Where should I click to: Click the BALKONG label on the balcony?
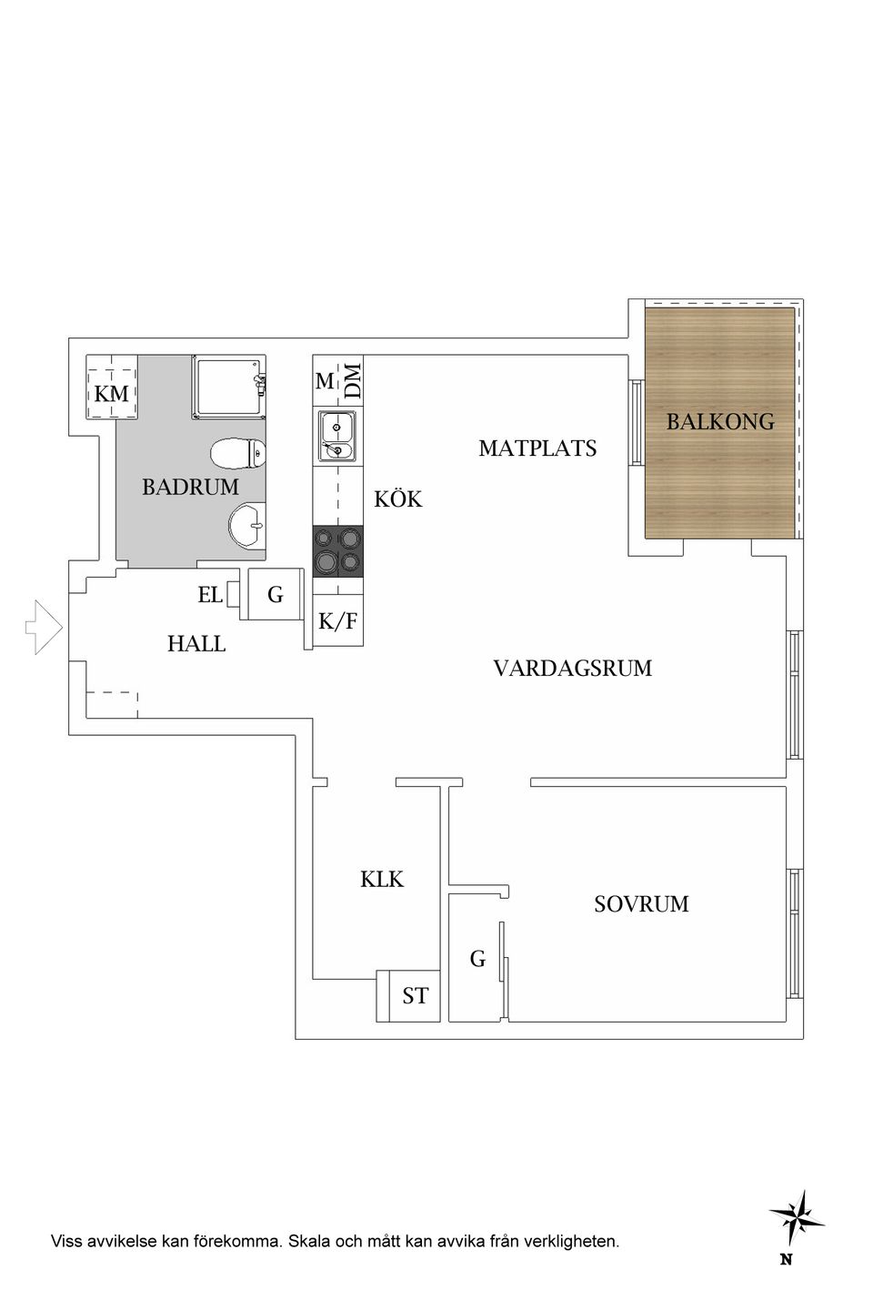coord(720,422)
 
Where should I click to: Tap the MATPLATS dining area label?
coord(537,448)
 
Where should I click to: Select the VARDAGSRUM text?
coord(572,669)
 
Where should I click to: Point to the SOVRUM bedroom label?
coord(641,904)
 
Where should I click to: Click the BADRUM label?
coord(190,488)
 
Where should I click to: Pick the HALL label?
coord(196,644)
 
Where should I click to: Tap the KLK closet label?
coord(382,880)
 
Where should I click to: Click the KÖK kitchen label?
coord(398,499)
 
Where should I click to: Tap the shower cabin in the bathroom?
coord(228,387)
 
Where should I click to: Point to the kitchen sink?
coord(336,438)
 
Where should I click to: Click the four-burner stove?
coord(337,551)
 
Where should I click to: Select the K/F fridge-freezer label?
coord(337,622)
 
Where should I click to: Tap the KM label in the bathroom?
coord(112,394)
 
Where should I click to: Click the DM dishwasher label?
coord(353,379)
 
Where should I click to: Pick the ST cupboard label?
coord(415,996)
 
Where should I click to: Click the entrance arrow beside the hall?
coord(44,628)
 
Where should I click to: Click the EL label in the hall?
coord(210,596)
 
